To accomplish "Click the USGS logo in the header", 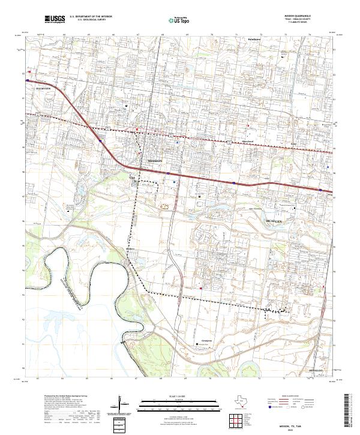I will (55, 19).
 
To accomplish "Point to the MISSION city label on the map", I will (155, 161).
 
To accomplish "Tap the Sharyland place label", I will (247, 142).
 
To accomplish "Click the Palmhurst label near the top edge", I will (256, 38).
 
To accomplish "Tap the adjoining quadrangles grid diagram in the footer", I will (233, 418).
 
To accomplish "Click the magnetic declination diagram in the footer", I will (124, 406).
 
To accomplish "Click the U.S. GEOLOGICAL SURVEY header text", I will (90, 20).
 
